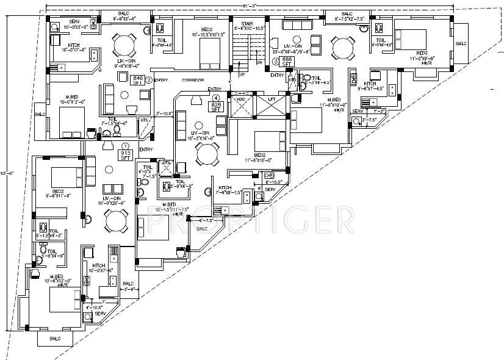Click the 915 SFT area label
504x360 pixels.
click(x=126, y=155)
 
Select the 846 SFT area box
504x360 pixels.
click(x=139, y=81)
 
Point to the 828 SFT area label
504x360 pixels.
click(x=216, y=105)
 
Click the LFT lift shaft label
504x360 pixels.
click(x=272, y=99)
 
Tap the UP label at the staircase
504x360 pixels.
click(x=242, y=74)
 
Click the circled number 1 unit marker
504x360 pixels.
click(x=126, y=146)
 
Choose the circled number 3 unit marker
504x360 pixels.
click(x=276, y=61)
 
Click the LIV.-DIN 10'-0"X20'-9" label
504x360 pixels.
click(x=114, y=201)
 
